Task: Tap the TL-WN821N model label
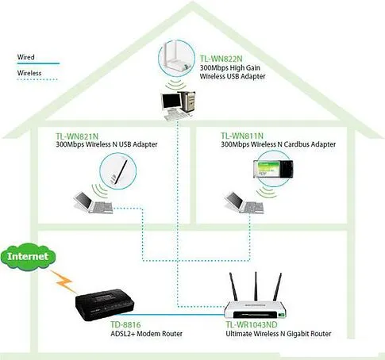click(x=79, y=136)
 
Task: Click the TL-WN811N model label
click(x=242, y=136)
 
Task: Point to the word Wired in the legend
click(x=27, y=57)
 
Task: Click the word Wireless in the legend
click(x=30, y=72)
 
